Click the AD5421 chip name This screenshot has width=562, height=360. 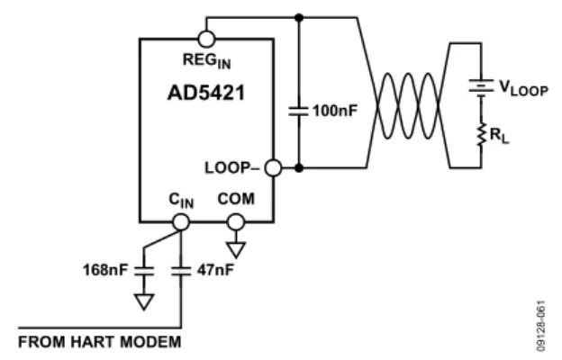click(x=206, y=93)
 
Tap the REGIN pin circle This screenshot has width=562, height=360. click(x=206, y=39)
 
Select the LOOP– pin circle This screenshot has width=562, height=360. click(x=273, y=167)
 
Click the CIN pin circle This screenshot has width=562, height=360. click(x=181, y=222)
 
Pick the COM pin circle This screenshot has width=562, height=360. click(x=236, y=222)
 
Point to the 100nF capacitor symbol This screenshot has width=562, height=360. click(x=299, y=111)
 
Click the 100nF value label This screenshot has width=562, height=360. click(x=335, y=111)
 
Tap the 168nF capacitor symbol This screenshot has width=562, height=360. click(x=144, y=271)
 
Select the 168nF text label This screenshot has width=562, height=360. click(x=105, y=270)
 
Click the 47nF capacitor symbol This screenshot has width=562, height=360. click(x=181, y=271)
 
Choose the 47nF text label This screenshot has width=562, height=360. click(x=215, y=270)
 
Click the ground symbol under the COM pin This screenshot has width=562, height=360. click(x=236, y=250)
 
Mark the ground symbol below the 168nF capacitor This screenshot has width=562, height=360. click(x=144, y=301)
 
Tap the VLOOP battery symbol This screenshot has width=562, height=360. click(x=481, y=86)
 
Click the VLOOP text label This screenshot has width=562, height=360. click(x=523, y=88)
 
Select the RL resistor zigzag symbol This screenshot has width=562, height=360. click(x=481, y=134)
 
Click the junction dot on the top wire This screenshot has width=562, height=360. click(x=299, y=17)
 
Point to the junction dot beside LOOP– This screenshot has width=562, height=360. click(x=299, y=167)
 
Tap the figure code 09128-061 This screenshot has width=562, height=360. click(x=541, y=326)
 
